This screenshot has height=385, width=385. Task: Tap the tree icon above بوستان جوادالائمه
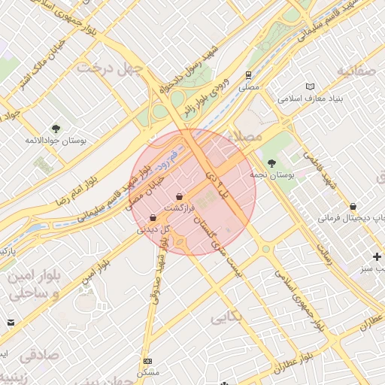pyautogui.click(x=56, y=129)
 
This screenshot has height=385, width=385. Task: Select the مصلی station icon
pyautogui.click(x=247, y=74)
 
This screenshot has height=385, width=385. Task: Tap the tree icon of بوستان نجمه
pyautogui.click(x=271, y=162)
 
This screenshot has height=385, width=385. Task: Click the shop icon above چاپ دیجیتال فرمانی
pyautogui.click(x=353, y=206)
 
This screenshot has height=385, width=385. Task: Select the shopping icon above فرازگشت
pyautogui.click(x=179, y=196)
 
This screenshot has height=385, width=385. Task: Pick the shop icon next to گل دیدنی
pyautogui.click(x=153, y=218)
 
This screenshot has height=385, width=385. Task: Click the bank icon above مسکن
pyautogui.click(x=147, y=362)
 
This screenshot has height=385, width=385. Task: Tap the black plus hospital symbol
pyautogui.click(x=377, y=256)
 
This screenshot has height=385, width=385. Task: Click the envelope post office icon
pyautogui.click(x=11, y=323)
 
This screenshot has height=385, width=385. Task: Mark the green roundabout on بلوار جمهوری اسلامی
pyautogui.click(x=265, y=249)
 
